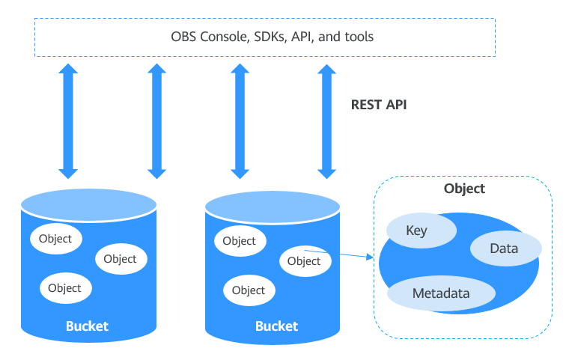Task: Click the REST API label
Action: (379, 105)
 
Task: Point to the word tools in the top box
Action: (358, 37)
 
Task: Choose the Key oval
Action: (416, 231)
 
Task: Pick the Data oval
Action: (504, 248)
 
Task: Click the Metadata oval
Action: (441, 293)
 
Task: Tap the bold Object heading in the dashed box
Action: (464, 189)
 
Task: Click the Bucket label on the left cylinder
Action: (87, 326)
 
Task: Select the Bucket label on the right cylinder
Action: (276, 326)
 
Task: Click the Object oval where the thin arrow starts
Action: (304, 261)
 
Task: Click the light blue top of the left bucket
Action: (88, 203)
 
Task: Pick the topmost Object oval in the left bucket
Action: (55, 239)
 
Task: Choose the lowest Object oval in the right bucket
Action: (249, 290)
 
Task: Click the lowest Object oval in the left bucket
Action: (64, 288)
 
